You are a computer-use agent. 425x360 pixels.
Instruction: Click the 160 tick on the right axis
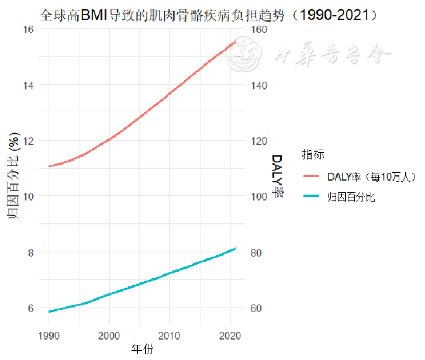258,29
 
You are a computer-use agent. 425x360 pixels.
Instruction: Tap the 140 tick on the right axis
258,85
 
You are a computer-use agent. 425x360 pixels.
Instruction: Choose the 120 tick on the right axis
258,141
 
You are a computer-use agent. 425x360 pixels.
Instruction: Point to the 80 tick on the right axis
257,252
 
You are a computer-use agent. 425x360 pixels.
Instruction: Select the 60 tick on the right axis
257,308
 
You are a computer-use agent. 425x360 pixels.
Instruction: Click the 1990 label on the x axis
49,335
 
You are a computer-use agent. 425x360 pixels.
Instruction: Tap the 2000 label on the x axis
109,335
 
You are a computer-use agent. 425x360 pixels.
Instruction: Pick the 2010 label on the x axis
169,335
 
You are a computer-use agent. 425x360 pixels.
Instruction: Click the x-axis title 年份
142,349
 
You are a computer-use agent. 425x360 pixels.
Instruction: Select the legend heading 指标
313,155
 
